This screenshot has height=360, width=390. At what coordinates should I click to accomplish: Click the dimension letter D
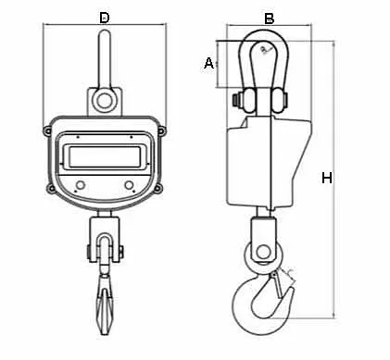tap(104, 18)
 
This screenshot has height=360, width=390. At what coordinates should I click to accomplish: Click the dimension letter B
tap(269, 18)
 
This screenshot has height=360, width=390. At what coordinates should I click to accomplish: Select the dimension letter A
tap(208, 63)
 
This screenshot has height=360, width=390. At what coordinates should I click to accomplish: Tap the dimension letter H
tap(326, 178)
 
